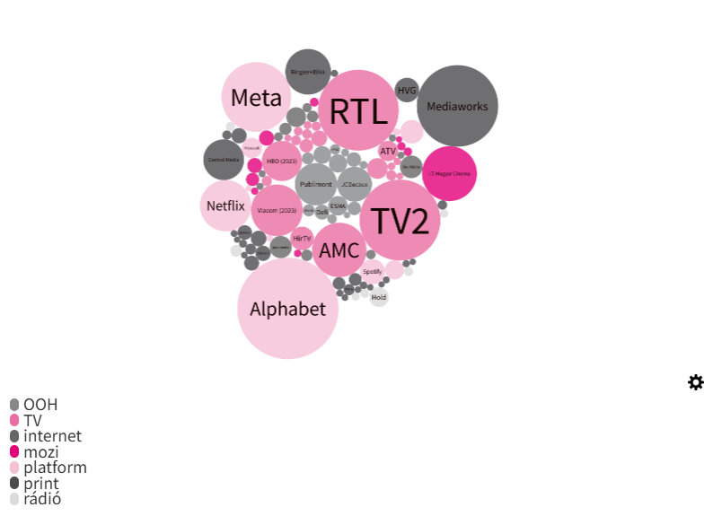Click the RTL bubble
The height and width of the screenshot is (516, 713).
pos(358,110)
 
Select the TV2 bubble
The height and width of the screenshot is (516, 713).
pos(400,220)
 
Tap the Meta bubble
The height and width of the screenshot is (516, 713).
pos(256,97)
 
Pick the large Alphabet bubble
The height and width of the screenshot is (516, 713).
pos(287,309)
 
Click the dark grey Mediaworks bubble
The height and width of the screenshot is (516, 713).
pos(457,106)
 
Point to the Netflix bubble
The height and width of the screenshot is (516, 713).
pos(225,206)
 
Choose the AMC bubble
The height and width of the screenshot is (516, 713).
pos(339,250)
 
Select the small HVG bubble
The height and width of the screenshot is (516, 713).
pos(407,90)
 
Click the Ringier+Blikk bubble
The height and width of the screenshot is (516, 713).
pos(308,72)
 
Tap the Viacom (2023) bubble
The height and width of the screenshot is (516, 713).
pos(277,210)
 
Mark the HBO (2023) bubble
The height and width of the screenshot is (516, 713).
pos(282,161)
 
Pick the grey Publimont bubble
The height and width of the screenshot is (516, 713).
pos(316,184)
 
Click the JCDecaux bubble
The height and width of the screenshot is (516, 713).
pos(354,184)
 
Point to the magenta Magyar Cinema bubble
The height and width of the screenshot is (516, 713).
pos(449,173)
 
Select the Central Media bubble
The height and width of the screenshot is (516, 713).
pos(224,159)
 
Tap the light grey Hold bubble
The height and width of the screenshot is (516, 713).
pos(379,297)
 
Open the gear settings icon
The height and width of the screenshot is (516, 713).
pos(696,382)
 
